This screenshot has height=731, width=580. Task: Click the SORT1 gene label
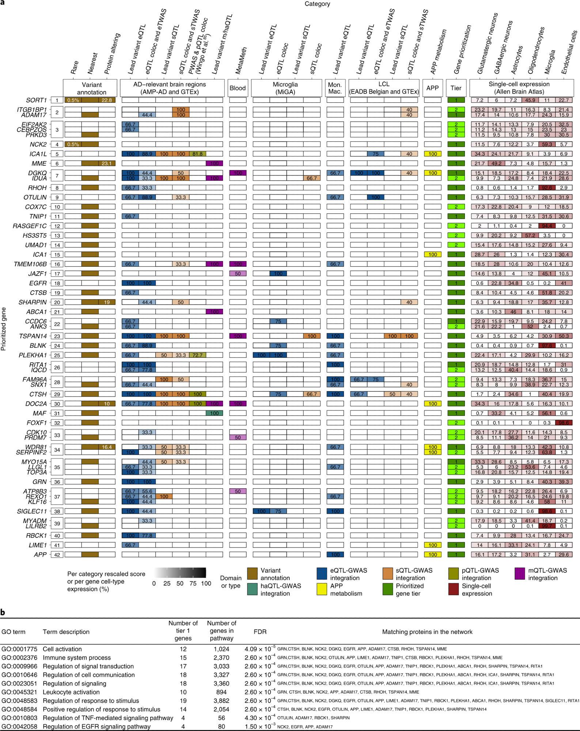point(36,100)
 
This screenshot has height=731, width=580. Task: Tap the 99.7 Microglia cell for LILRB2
point(547,526)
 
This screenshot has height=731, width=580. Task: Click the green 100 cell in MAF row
point(214,413)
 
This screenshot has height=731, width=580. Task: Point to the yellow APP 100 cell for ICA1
point(433,254)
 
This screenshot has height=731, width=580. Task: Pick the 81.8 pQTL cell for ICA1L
point(197,154)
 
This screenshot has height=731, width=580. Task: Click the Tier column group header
point(456,88)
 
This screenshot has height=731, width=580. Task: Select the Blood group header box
point(238,88)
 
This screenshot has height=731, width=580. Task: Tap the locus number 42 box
point(57,555)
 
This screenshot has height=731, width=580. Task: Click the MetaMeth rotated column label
point(241,60)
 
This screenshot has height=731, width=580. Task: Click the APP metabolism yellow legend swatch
point(322,589)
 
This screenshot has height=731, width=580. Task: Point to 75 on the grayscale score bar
point(193,583)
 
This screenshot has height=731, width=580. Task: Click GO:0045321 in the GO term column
point(19,692)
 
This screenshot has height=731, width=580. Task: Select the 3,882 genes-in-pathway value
point(221,701)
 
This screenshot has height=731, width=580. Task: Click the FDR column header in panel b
point(260,632)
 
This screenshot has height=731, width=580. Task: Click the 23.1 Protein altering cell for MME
point(107,163)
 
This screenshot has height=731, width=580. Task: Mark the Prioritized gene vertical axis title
point(4,329)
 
